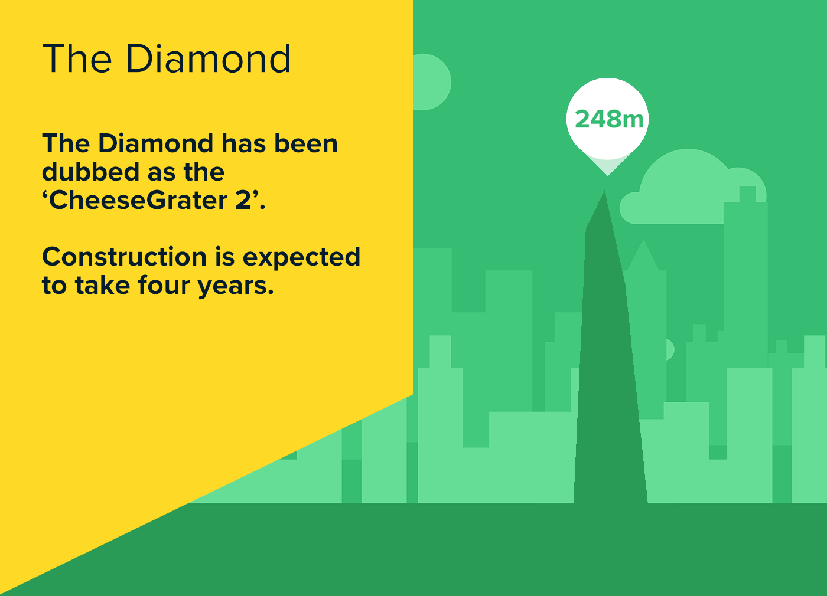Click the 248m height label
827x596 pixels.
coord(608,119)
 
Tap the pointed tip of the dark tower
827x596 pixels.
coord(604,193)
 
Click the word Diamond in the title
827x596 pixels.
coord(209,59)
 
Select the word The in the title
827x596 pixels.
coord(77,59)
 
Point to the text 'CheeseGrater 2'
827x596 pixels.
coord(154,200)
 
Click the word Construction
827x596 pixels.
coord(125,257)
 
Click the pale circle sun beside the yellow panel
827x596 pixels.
coord(431,82)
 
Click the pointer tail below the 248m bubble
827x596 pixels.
coord(607,166)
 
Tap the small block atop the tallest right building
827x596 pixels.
coord(747,194)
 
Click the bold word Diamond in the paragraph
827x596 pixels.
coord(155,143)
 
